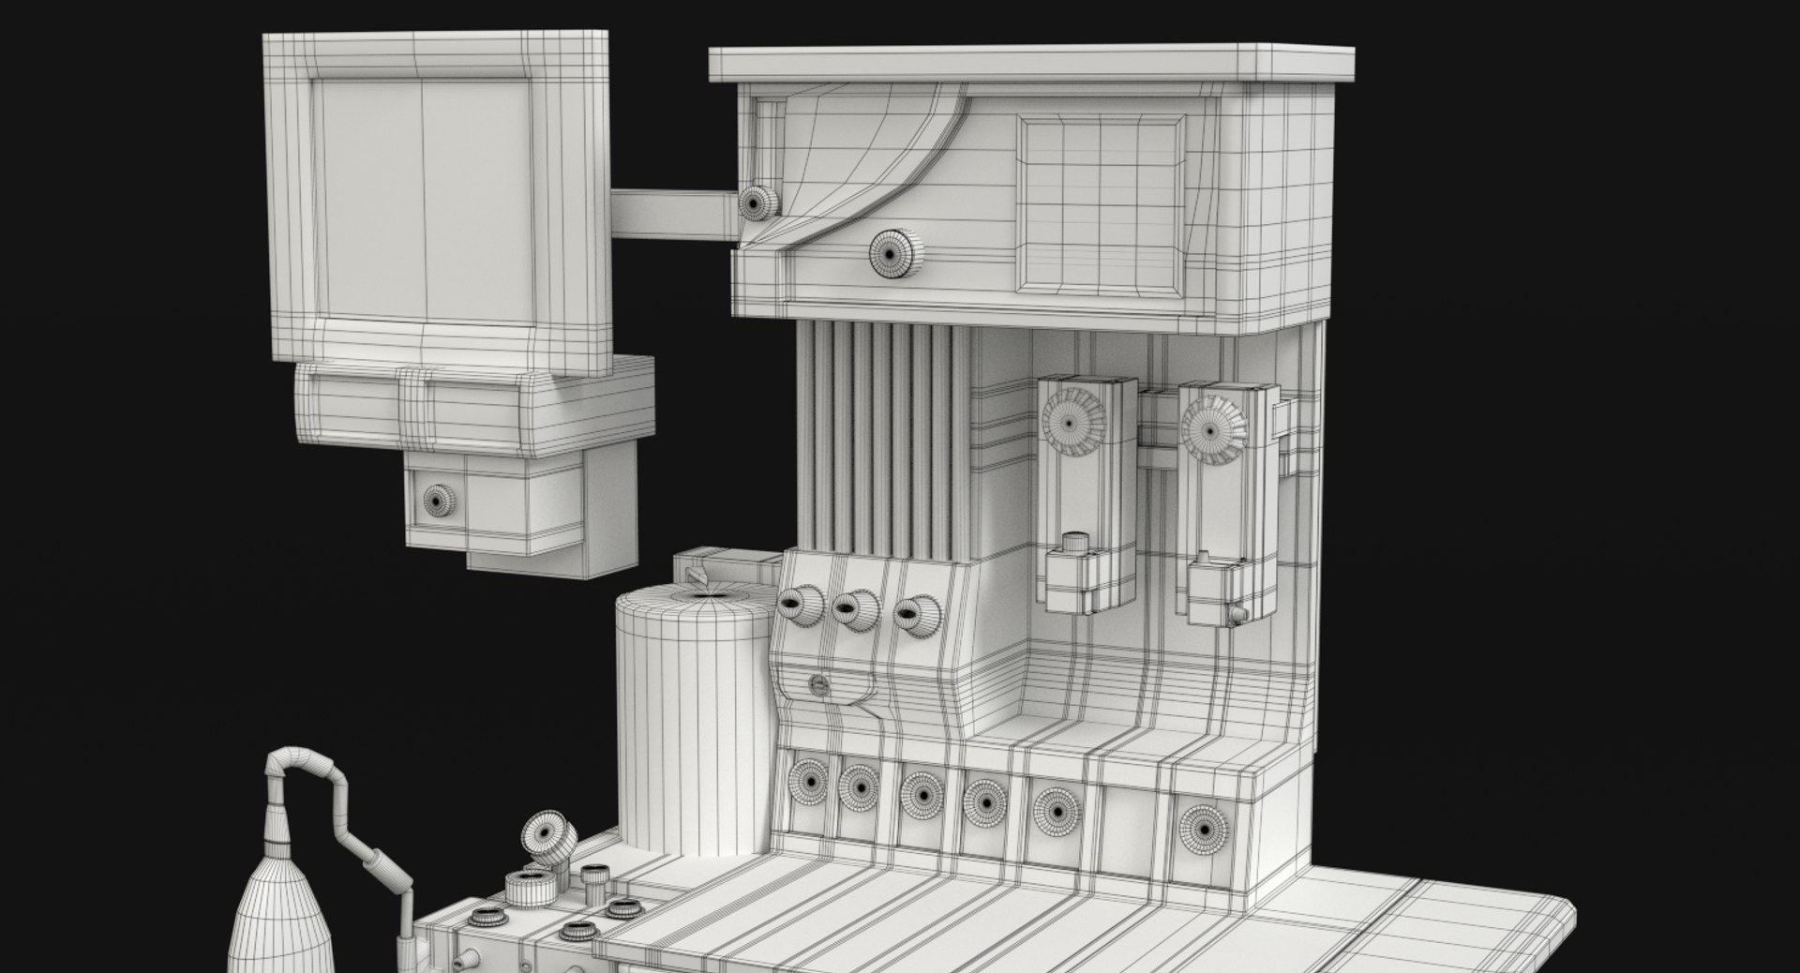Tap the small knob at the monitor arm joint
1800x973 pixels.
coord(758,202)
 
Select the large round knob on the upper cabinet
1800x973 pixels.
coord(893,252)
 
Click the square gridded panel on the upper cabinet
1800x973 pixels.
coord(1101,203)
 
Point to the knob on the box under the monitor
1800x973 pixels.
coord(437,501)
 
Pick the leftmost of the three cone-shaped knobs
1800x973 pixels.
coord(800,607)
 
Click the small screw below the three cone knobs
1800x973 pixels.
coord(819,685)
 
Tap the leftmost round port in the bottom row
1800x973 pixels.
coord(806,779)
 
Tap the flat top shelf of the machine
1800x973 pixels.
coord(1031,63)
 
